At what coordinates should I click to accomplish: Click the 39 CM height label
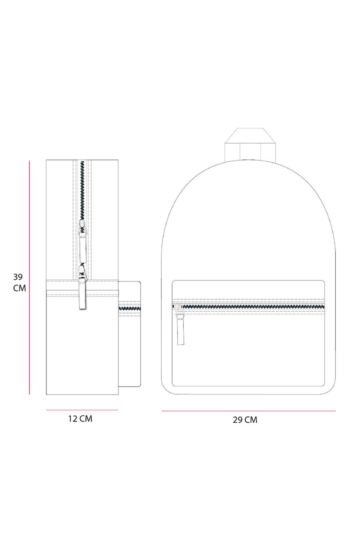tap(19, 282)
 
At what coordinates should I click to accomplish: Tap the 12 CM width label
tap(80, 418)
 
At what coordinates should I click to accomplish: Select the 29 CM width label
tap(245, 419)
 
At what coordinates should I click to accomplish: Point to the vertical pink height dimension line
tap(29, 277)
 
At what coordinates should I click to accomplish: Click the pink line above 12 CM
tap(82, 410)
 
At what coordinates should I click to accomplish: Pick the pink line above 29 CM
tap(249, 411)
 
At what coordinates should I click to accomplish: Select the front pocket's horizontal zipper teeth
tap(249, 306)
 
